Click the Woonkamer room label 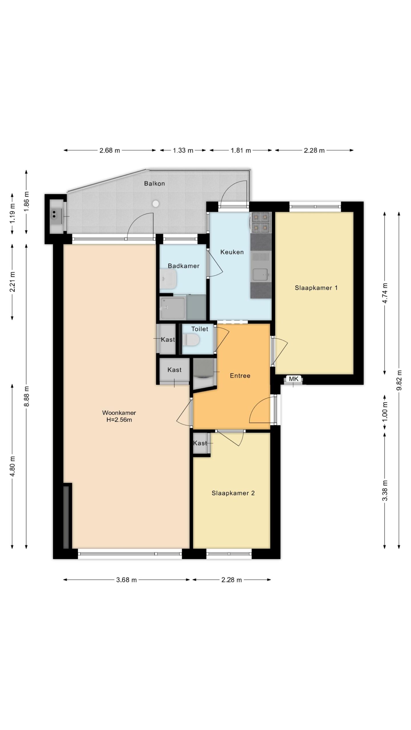[x=119, y=413]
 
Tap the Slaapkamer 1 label [x=316, y=288]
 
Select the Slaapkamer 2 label [x=233, y=493]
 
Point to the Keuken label [x=232, y=252]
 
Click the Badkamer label [x=184, y=266]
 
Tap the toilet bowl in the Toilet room [x=190, y=340]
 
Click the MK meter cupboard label [x=294, y=379]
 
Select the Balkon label [x=154, y=183]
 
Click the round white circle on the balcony [x=156, y=204]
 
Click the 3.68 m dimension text [x=126, y=580]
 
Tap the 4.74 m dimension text [x=385, y=293]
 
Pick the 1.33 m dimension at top [x=183, y=150]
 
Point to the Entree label [x=240, y=376]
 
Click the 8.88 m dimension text [x=27, y=396]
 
